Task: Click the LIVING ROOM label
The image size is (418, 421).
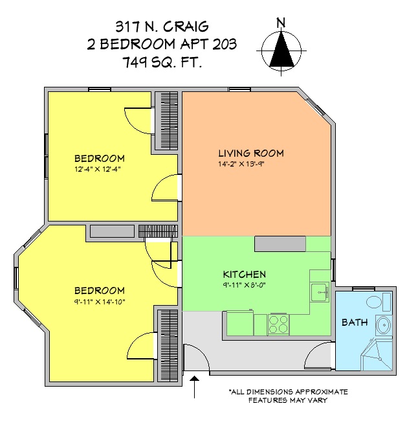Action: tap(251, 154)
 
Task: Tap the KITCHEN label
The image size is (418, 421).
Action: tap(245, 275)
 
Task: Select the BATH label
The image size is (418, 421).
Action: tap(355, 322)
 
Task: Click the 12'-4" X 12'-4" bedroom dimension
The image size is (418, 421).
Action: tap(98, 169)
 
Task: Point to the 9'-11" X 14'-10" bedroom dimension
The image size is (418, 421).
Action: tap(100, 302)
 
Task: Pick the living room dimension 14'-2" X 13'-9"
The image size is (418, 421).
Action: tap(241, 164)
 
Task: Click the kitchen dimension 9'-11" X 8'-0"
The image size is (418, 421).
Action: tap(244, 284)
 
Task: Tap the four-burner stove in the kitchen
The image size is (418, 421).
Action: tap(278, 324)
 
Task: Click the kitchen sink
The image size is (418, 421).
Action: tap(320, 292)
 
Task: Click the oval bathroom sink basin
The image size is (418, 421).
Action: tap(384, 325)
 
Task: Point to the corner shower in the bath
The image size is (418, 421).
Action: tap(375, 354)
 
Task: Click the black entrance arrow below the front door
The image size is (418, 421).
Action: tap(195, 387)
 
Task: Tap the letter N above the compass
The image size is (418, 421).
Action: tap(281, 23)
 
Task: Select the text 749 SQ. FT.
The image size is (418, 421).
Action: tap(162, 62)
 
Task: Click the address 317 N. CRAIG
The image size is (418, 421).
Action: tap(162, 27)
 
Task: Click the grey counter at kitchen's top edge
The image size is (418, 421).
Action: tap(280, 244)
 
